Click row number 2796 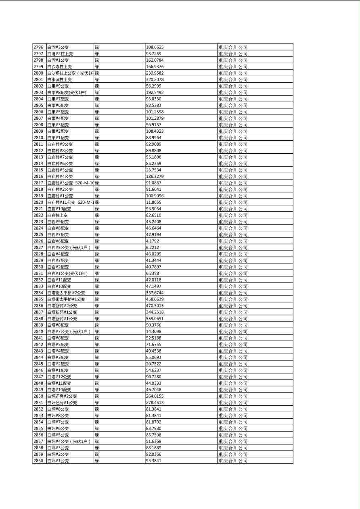point(38,47)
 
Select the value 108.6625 point(155,47)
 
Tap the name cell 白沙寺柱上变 point(59,67)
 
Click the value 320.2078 point(155,79)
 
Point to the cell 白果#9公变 point(58,86)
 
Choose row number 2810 point(38,138)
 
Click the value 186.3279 point(155,176)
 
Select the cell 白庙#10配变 point(59,209)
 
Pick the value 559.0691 point(155,318)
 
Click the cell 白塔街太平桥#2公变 point(66,292)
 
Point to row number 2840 point(38,331)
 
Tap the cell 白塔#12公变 point(59,376)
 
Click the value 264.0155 point(155,396)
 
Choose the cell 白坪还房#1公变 point(62,402)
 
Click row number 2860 point(38,460)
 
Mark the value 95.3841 point(153,460)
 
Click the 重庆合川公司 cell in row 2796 point(233,47)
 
